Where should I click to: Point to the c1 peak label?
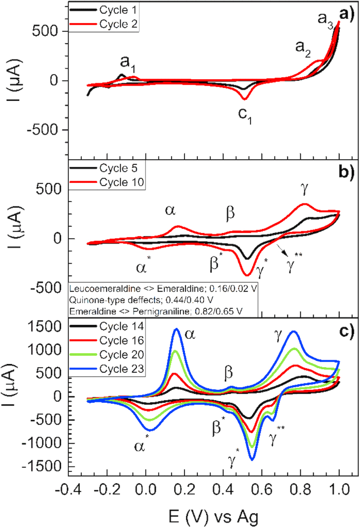point(245,115)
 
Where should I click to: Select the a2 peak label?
point(303,48)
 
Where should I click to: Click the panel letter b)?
point(346,172)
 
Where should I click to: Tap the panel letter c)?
point(346,331)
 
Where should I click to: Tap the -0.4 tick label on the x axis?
point(68,490)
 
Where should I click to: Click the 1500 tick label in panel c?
point(45,327)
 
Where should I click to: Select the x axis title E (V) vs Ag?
point(213,517)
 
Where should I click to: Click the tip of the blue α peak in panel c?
point(176,329)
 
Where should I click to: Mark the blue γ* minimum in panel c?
point(252,460)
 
